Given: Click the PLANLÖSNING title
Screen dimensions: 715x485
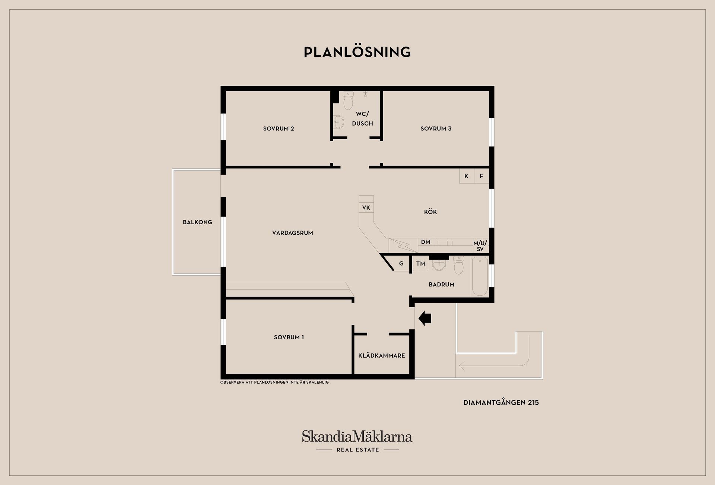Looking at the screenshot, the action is click(357, 52).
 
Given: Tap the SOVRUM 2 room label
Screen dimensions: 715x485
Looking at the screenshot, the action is click(279, 129).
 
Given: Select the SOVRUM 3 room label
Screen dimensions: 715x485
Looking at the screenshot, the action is click(436, 129).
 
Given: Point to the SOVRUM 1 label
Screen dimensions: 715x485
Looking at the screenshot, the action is click(289, 337).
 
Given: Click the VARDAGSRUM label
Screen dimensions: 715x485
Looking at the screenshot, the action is click(293, 233).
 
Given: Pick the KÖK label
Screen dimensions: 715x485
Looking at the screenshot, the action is click(430, 212).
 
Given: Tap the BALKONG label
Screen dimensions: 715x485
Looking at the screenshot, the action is click(197, 222).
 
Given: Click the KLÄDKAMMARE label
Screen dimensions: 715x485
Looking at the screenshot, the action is click(382, 355).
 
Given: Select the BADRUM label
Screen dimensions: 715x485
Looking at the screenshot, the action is click(442, 284).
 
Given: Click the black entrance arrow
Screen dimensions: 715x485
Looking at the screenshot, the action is click(425, 318).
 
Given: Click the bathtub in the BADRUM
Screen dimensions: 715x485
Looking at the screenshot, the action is click(480, 276).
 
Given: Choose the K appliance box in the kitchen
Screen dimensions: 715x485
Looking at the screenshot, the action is click(467, 176).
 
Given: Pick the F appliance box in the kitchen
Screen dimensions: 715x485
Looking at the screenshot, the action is click(482, 176).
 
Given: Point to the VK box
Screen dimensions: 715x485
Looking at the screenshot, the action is click(366, 207).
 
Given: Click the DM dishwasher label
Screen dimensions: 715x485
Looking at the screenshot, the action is click(426, 242).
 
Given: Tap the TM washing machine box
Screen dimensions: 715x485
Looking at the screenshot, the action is click(420, 263).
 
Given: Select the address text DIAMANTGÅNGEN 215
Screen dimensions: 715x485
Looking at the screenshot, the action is click(501, 403).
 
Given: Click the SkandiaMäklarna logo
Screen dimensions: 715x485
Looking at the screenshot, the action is click(357, 441).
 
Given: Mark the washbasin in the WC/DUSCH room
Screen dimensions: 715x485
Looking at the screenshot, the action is click(339, 121).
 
